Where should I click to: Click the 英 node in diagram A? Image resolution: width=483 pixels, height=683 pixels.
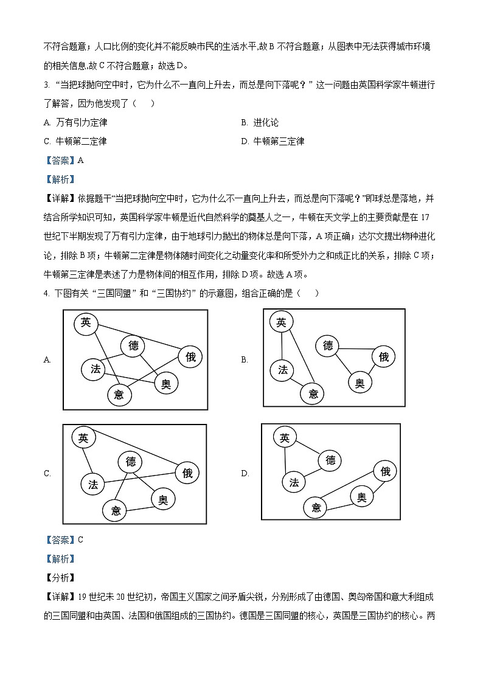coord(86,323)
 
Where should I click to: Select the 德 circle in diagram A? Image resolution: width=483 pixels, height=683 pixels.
coord(133,346)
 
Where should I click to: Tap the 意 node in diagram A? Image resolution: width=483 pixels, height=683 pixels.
coord(119,395)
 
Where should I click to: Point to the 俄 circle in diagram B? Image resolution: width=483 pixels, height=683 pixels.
coord(383,357)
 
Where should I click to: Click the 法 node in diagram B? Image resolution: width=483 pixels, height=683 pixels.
coord(282,370)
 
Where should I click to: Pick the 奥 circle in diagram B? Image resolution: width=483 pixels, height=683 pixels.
coord(360,383)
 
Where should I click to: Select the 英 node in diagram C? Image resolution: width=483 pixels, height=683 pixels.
coord(83,437)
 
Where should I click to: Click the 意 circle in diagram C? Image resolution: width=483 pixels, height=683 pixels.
coord(116,510)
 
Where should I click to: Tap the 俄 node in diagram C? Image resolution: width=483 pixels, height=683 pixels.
coord(187,473)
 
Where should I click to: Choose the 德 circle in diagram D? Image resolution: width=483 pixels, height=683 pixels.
coord(330,460)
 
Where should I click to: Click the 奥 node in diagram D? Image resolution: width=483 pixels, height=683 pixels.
coord(361,498)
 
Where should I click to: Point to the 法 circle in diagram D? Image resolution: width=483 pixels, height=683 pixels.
coord(294,482)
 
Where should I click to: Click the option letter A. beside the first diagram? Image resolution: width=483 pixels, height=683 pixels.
coord(47,359)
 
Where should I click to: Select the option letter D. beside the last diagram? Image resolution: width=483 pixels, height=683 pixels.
coord(245,473)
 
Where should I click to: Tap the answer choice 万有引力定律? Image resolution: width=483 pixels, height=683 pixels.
coord(82,122)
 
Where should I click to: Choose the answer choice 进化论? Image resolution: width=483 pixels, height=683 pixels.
coord(266,122)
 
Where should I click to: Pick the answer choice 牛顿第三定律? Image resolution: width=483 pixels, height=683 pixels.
coord(278,141)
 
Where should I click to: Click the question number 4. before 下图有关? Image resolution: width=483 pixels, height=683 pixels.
coord(46,293)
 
